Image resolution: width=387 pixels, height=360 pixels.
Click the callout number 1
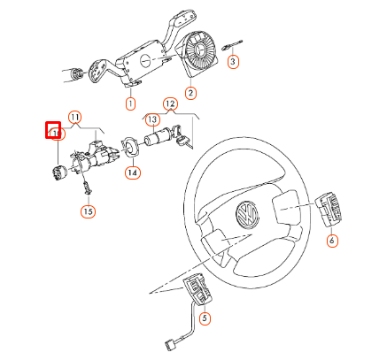tap(130, 103)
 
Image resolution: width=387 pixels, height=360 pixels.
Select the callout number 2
tap(190, 93)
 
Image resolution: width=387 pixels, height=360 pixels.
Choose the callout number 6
tap(331, 241)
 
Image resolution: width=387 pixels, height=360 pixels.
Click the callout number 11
tap(75, 117)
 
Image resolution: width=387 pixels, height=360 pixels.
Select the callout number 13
tap(151, 120)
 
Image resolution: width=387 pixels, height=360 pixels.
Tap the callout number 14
tap(132, 172)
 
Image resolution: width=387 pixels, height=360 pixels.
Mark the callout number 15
tap(88, 211)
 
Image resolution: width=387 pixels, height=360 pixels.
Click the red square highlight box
tap(52, 131)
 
